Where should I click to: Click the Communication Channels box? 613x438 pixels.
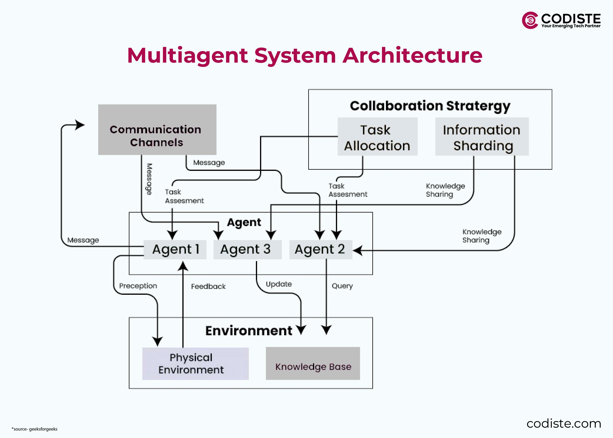point(157,129)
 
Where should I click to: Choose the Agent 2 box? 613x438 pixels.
point(320,250)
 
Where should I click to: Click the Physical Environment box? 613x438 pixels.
point(195,364)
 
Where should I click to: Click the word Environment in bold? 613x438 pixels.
point(248,331)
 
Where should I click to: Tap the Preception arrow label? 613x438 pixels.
point(138,286)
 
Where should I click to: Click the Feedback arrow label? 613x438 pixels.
point(208,287)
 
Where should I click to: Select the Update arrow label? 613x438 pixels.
point(278,284)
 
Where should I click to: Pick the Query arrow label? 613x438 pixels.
point(342,286)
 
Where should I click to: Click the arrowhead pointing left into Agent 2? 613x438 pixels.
point(357,251)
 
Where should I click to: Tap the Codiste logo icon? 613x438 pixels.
point(529,20)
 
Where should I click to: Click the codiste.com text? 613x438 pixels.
point(564,424)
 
